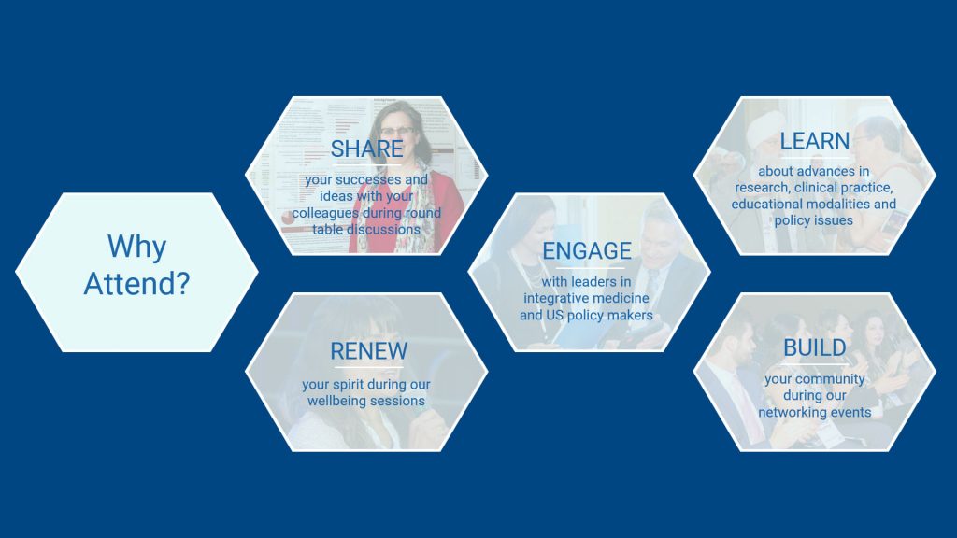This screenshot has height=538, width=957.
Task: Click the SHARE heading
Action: pos(366,149)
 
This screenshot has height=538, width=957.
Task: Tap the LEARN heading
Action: pos(815,141)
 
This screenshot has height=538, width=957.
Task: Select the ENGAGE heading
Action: pos(587,250)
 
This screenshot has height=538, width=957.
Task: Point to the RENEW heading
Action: pos(368,351)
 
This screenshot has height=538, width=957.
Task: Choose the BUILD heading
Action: pos(815,347)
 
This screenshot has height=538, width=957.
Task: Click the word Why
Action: pos(136,247)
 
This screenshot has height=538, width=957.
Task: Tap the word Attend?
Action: pos(136,284)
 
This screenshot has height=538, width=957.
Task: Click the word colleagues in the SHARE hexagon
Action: pos(325,214)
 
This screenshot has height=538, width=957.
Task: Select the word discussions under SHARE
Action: pos(383,230)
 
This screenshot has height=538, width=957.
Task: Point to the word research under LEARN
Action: pos(762,187)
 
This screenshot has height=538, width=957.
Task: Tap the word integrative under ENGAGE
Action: pos(553,298)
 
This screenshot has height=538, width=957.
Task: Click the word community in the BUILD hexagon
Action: pos(830,379)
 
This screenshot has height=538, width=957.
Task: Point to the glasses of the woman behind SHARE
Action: pos(397,130)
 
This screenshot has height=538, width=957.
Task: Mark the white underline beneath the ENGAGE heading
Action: pos(590,268)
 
